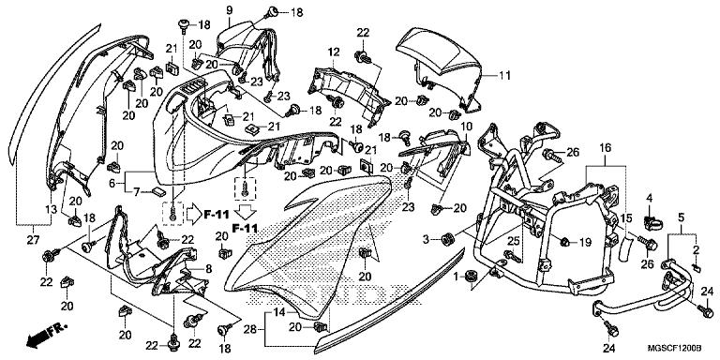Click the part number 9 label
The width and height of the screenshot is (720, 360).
tap(229, 9)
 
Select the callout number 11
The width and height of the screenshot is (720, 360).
tap(504, 75)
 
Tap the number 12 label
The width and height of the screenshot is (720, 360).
tap(334, 52)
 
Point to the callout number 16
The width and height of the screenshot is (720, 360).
tap(606, 148)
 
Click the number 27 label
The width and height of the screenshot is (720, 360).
tap(34, 240)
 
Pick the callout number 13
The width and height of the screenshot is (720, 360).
tap(52, 209)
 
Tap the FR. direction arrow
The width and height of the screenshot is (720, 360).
tap(47, 334)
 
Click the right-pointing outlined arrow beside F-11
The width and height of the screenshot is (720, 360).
tap(193, 214)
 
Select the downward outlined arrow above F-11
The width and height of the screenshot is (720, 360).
tap(246, 212)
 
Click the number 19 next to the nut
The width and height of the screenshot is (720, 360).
tap(585, 242)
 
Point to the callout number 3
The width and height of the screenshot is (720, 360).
tap(427, 239)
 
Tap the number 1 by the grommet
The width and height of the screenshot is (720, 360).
tap(456, 277)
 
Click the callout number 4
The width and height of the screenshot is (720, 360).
tap(650, 199)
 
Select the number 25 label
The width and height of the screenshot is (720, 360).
tap(514, 239)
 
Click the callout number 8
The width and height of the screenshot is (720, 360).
tap(208, 269)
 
